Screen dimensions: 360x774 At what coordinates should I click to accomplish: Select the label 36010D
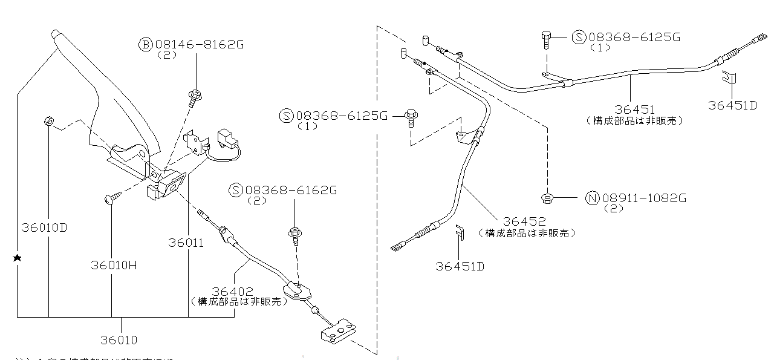tap(44, 228)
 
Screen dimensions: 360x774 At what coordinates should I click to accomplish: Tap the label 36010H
tap(114, 265)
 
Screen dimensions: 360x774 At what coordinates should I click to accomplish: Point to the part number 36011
tap(186, 243)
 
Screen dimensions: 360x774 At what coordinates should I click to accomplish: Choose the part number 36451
tap(635, 110)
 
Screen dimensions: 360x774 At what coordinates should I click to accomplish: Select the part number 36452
tap(525, 222)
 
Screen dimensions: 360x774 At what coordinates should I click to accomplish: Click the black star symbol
tap(18, 258)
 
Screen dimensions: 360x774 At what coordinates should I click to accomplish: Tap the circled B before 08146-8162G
tap(146, 44)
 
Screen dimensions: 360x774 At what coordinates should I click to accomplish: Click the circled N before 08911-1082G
tap(592, 198)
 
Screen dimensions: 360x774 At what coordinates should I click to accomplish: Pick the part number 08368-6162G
tap(291, 191)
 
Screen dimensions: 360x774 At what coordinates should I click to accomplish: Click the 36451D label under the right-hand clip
tap(733, 105)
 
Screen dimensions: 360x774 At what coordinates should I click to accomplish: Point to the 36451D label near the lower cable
tap(460, 266)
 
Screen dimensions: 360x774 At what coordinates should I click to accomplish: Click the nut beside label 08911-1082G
tap(547, 197)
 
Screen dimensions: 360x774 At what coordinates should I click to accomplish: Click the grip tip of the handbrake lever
tap(55, 34)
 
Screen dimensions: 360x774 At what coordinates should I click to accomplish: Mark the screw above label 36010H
tap(112, 197)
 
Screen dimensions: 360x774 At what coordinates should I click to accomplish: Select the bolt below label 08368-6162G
tap(296, 234)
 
